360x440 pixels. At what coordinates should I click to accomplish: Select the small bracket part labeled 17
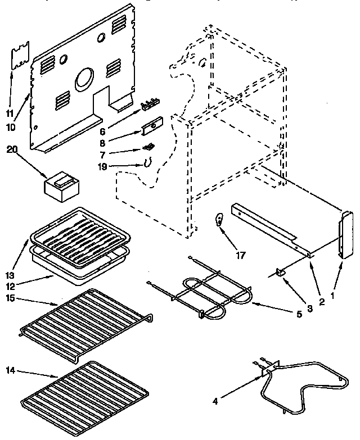[219, 220]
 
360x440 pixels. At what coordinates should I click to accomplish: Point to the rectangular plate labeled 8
[151, 129]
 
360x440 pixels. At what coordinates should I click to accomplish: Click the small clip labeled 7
[148, 147]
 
